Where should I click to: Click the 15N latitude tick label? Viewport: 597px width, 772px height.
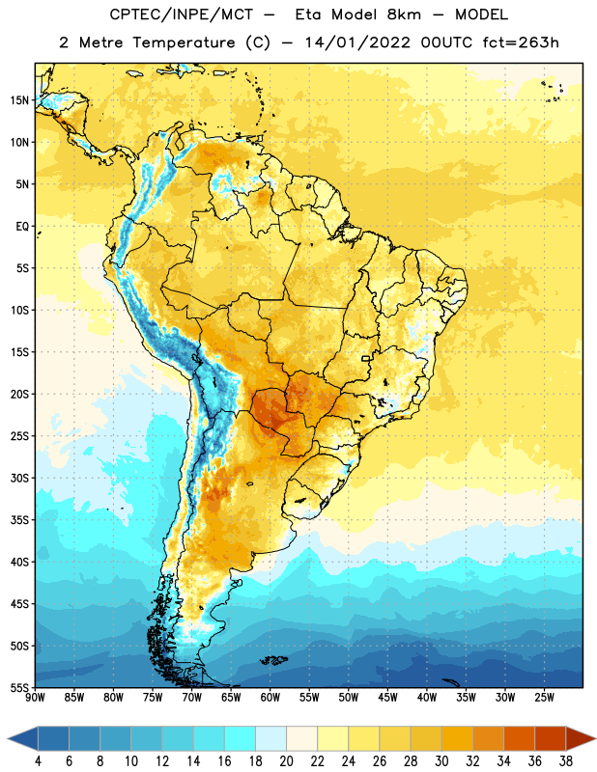(19, 100)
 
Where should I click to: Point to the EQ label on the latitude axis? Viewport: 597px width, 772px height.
(22, 227)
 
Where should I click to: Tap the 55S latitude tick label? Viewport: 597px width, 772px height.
(19, 687)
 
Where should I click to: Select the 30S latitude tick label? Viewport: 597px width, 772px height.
(19, 478)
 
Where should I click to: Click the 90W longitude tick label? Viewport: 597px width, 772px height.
(36, 698)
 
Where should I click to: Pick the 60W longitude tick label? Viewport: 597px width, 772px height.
(270, 698)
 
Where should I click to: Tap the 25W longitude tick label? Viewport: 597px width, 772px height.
(544, 698)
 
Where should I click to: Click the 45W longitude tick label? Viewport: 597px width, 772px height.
(387, 698)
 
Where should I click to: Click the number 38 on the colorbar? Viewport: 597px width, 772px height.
(566, 761)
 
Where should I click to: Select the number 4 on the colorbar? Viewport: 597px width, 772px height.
(38, 761)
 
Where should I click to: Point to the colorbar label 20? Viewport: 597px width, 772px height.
(286, 761)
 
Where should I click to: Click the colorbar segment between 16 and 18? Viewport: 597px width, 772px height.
(241, 739)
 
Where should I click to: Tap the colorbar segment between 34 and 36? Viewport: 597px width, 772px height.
(519, 739)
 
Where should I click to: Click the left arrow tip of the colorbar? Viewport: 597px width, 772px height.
(8, 739)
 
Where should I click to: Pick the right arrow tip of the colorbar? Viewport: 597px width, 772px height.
(596, 739)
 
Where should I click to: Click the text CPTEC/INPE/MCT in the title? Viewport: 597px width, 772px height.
(182, 14)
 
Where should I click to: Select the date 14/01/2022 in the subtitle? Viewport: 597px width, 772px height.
(357, 42)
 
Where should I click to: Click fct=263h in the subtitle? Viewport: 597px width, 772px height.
(521, 42)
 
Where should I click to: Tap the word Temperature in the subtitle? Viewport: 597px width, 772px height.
(184, 42)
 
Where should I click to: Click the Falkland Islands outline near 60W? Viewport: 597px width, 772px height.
(274, 660)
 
